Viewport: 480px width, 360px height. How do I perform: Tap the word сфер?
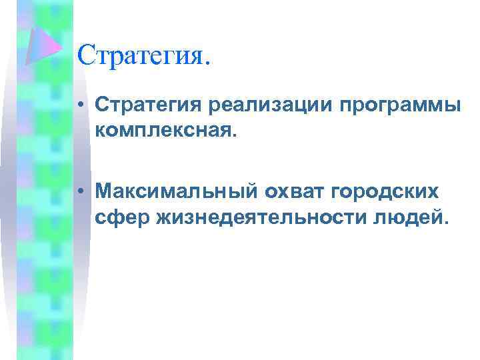tap(117, 216)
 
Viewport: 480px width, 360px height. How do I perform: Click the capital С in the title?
tap(85, 55)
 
